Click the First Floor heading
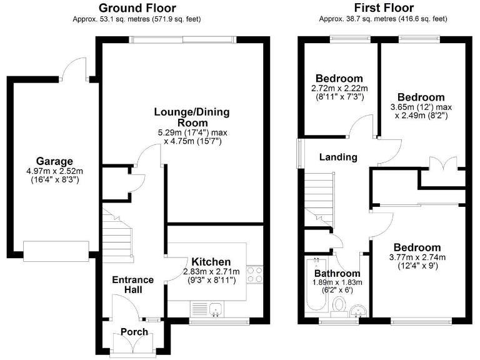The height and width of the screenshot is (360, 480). [x=383, y=8]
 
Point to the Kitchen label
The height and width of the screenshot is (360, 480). [x=211, y=261]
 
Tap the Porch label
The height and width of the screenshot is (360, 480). [x=134, y=332]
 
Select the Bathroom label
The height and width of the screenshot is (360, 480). [x=337, y=274]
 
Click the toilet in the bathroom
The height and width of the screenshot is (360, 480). [x=339, y=305]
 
